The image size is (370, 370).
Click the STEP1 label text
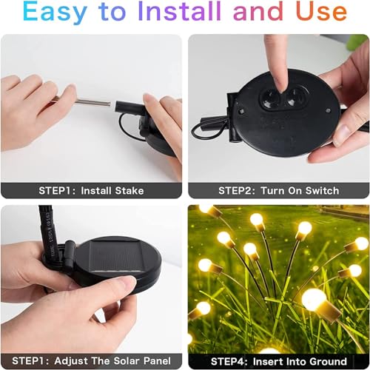coord(60,191)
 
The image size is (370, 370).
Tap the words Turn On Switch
coord(301,191)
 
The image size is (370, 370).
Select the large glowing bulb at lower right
coord(314,300)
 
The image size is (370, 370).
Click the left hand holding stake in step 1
coord(33,104)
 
